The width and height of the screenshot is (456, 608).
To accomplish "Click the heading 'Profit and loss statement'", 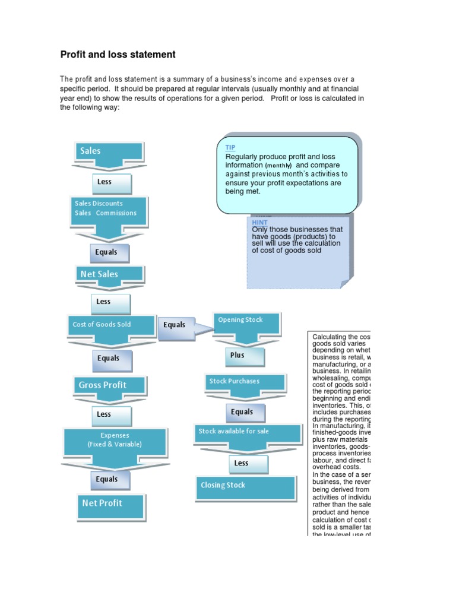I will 118,55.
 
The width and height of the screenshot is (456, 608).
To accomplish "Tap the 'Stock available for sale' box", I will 246,432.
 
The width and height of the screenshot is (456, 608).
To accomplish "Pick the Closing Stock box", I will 246,486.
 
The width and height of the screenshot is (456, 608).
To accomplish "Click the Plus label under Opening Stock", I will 237,356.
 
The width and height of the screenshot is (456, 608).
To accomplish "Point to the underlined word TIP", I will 230,147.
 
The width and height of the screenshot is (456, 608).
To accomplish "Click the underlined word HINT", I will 259,222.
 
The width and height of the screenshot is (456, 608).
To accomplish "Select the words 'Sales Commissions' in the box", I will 106,213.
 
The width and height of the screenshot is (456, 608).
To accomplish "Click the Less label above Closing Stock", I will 241,463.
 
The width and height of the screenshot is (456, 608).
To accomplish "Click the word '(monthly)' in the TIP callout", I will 278,166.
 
